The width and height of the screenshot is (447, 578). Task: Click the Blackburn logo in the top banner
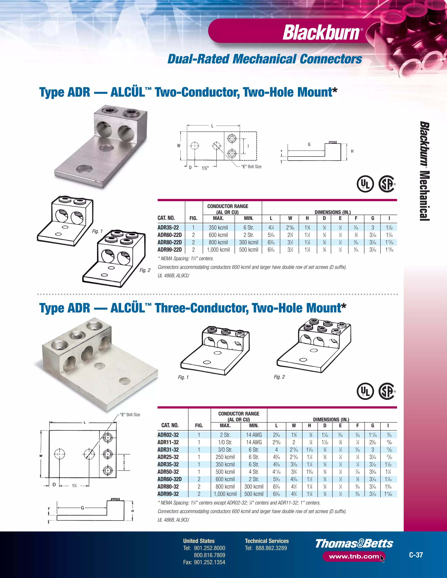click(321, 32)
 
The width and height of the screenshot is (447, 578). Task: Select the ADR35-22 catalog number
click(168, 227)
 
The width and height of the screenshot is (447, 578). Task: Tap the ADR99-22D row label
click(170, 250)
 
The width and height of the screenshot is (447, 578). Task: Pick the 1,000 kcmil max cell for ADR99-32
click(225, 494)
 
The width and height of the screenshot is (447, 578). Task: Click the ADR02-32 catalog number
click(168, 435)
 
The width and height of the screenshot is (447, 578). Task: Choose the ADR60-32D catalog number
click(170, 479)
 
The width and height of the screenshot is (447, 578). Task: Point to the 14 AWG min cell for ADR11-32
click(254, 442)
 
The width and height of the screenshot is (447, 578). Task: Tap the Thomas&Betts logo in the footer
click(354, 544)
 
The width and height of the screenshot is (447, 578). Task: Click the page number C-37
click(416, 555)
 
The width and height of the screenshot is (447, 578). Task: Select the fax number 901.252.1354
click(209, 562)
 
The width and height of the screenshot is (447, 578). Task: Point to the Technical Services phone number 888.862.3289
click(271, 548)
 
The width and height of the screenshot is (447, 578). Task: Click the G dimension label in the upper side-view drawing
click(309, 144)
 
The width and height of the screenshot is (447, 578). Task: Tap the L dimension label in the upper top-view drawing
click(212, 126)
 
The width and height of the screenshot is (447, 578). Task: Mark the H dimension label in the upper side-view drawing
click(352, 151)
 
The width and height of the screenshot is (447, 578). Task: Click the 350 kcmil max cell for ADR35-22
click(218, 227)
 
